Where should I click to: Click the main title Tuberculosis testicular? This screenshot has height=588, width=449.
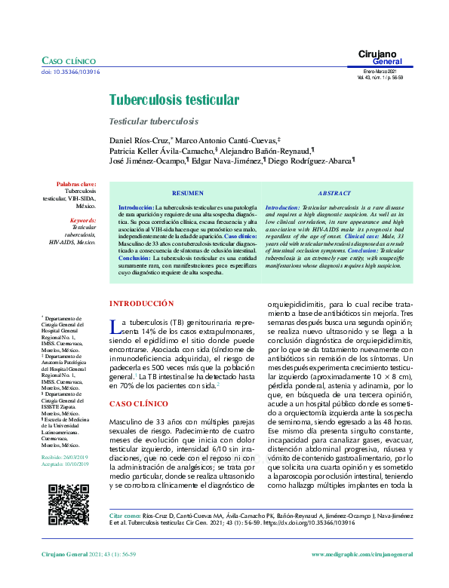(174, 100)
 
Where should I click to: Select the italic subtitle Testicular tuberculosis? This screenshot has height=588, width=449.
(154, 121)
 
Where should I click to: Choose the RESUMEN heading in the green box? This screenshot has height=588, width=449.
(187, 193)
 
